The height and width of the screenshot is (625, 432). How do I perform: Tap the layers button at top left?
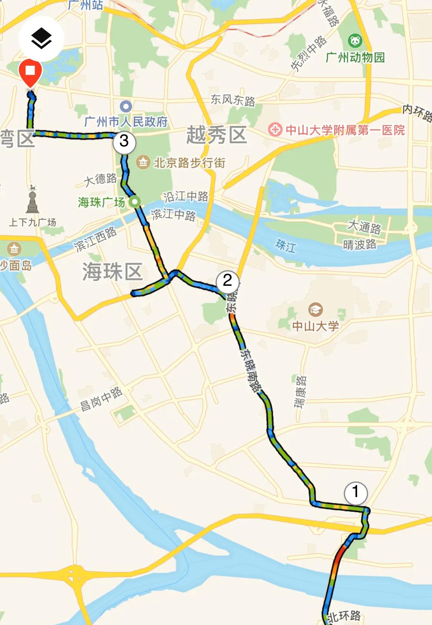point(41,39)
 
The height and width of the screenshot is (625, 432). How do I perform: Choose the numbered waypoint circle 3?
point(124,142)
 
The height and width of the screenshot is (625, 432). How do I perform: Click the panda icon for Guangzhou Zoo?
point(355,40)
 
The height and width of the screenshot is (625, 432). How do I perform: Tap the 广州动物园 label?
point(355,58)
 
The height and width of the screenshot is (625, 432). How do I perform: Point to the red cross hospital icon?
point(275,130)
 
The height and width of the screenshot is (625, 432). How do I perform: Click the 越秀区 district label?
point(216,135)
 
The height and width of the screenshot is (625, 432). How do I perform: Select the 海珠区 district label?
point(113,272)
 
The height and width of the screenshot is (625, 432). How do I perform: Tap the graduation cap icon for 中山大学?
point(315,310)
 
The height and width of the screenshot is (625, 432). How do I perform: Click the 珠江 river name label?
point(286,245)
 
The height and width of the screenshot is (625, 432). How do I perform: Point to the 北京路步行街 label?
point(189,163)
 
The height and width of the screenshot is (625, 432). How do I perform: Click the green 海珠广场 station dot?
point(134,202)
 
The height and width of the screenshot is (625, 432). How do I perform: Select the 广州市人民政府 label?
point(126,122)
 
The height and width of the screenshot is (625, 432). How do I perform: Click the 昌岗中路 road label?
point(101,399)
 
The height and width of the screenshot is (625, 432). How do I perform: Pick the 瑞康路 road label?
point(300,392)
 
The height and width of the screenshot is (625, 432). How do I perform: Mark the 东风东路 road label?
point(233,100)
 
